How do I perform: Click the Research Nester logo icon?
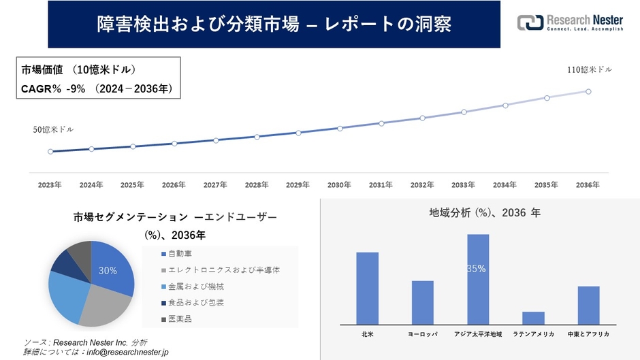click(530, 22)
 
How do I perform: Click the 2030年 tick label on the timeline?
click(339, 184)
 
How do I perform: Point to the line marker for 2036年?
click(588, 91)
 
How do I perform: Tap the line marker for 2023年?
click(50, 151)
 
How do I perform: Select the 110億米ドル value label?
click(590, 70)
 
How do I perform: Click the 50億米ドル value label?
click(53, 129)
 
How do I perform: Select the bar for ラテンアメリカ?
click(533, 317)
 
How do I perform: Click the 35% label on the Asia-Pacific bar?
click(477, 269)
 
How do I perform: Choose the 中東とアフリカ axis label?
click(588, 335)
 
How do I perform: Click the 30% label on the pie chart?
click(108, 271)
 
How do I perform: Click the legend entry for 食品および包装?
click(191, 302)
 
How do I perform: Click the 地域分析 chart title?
click(484, 213)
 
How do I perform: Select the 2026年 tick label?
click(174, 184)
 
